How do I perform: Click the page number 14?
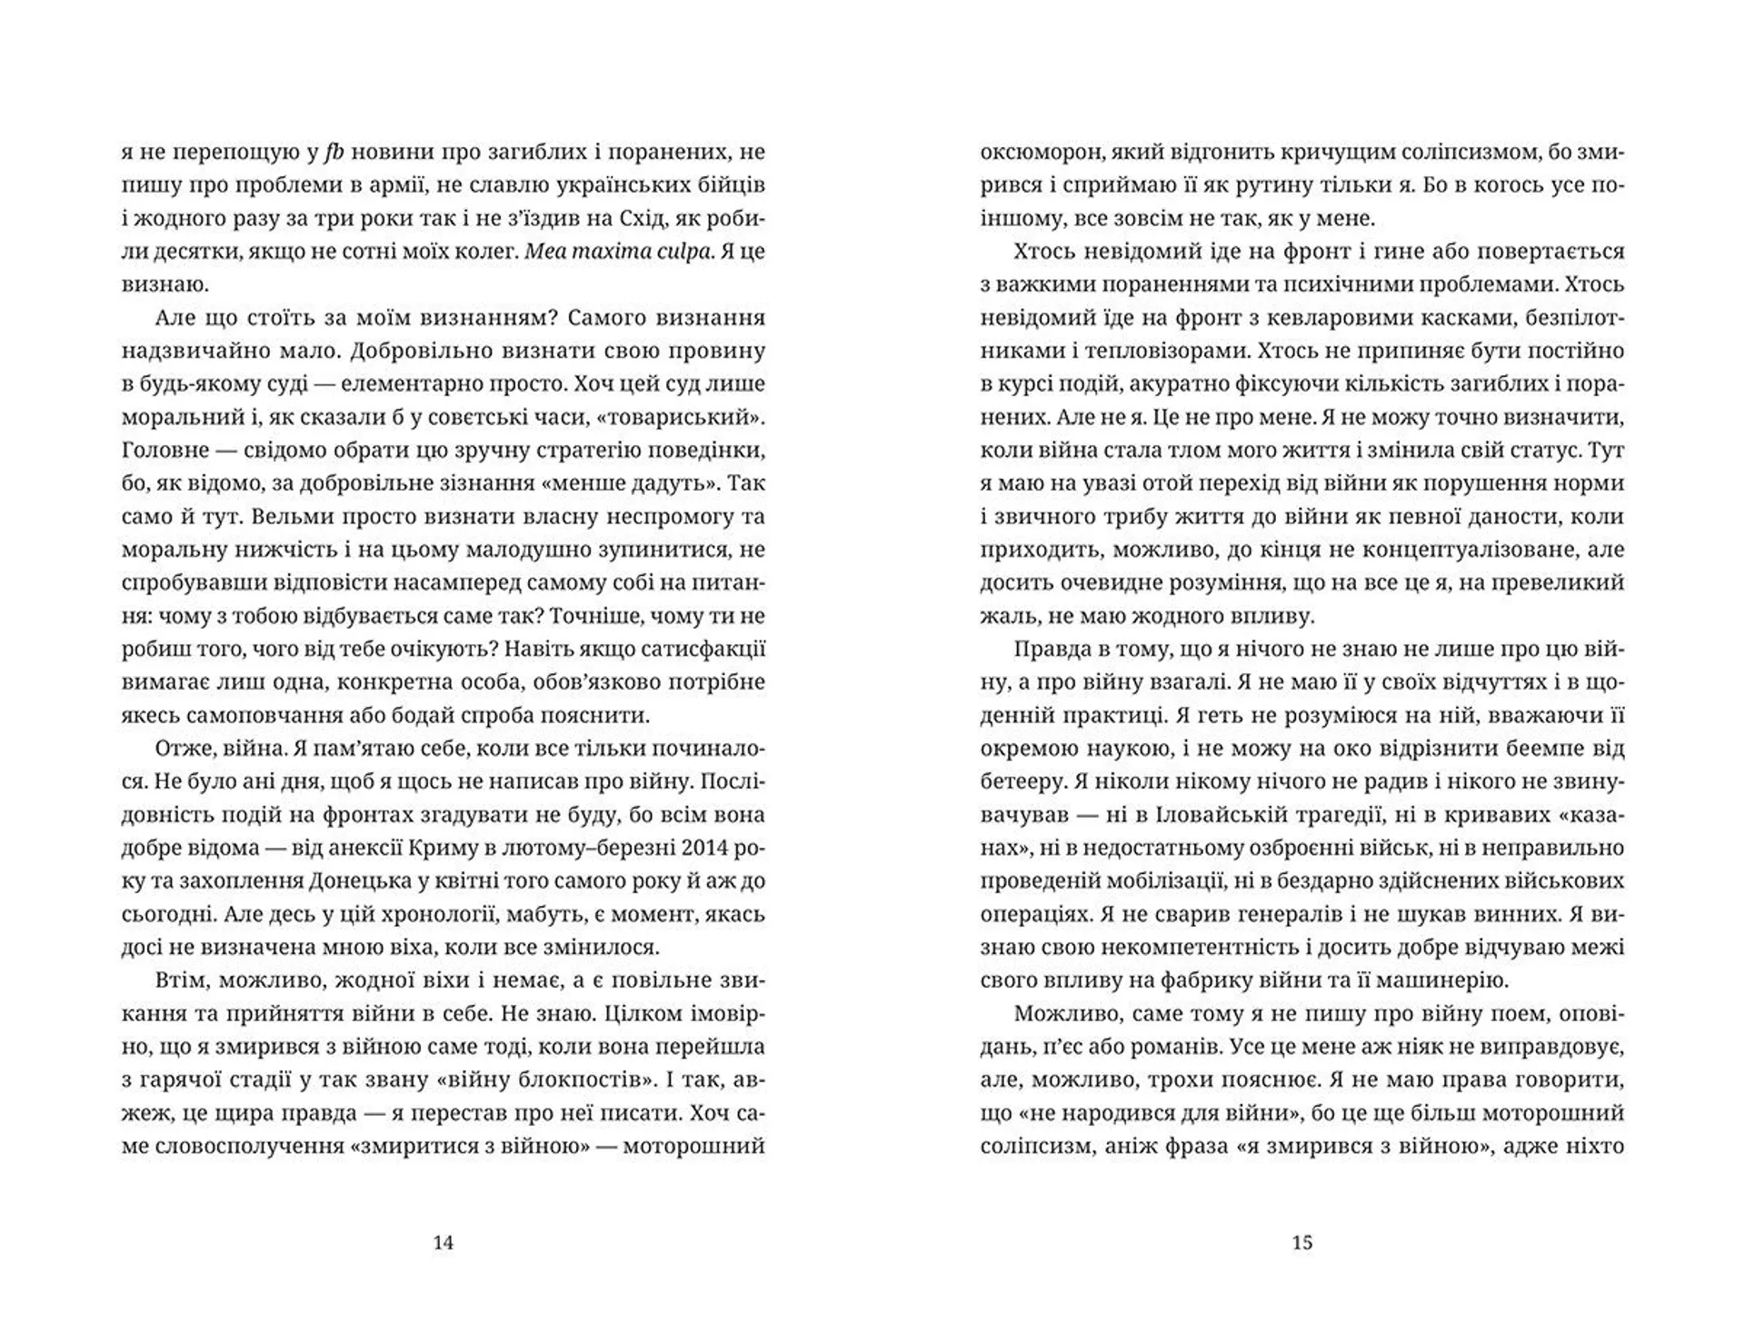click(x=443, y=1242)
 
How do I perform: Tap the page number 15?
click(x=1301, y=1242)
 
